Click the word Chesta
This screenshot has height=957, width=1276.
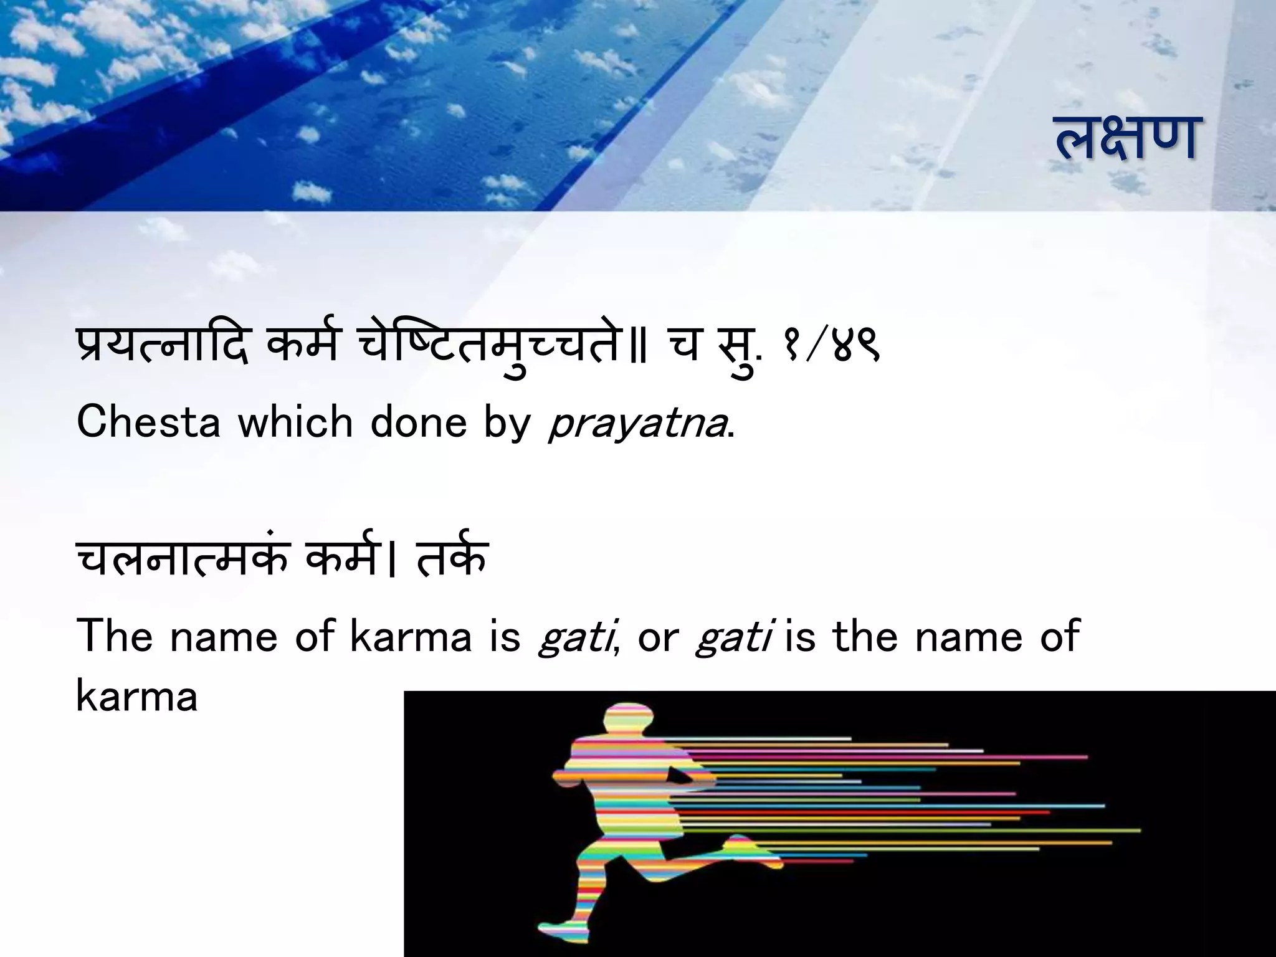[x=148, y=422]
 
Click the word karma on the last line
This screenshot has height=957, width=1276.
[x=137, y=696]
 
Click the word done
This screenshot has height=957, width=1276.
[x=419, y=422]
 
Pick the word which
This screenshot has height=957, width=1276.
[x=294, y=422]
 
